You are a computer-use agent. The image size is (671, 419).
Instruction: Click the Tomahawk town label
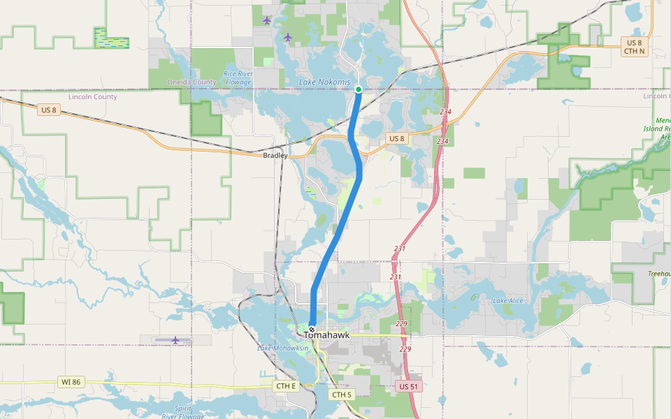(x=326, y=335)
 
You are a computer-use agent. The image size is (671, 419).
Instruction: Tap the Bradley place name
(x=275, y=155)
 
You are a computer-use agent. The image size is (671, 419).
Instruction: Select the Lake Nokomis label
(x=324, y=82)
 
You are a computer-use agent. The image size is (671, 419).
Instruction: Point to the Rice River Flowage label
(x=238, y=78)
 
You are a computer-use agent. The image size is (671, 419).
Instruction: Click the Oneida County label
(x=192, y=82)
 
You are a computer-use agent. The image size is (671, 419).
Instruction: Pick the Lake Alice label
(x=507, y=301)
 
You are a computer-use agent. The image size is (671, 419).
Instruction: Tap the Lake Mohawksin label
(x=282, y=348)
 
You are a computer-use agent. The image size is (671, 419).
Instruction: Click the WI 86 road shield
(x=71, y=382)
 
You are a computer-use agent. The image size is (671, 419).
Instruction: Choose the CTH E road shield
(x=287, y=386)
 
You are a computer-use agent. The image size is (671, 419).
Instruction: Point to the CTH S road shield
(x=342, y=395)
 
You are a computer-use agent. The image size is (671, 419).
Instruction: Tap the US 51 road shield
(x=409, y=386)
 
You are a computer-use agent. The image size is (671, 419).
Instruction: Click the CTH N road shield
(x=635, y=52)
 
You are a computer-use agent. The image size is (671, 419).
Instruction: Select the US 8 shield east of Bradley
(x=397, y=138)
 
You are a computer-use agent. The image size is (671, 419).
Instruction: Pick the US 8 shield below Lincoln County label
(x=48, y=110)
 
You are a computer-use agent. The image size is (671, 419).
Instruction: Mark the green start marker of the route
(x=359, y=89)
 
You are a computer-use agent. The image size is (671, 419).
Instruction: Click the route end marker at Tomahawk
(x=312, y=329)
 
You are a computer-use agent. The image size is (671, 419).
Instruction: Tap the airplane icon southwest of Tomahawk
(x=175, y=340)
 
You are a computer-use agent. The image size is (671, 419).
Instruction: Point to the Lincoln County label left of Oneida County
(x=93, y=97)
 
